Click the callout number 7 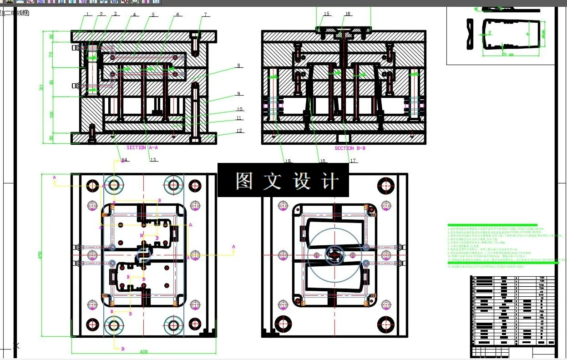[205, 15]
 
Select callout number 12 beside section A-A [239, 131]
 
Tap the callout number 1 [87, 14]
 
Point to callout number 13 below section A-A [153, 160]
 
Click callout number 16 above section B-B [348, 14]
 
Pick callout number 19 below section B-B [288, 161]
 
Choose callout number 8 [238, 66]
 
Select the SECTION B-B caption [350, 148]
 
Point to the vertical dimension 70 [51, 55]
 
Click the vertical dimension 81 [51, 82]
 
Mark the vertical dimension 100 [51, 115]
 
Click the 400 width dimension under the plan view [144, 352]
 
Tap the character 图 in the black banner [244, 181]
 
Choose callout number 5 [153, 15]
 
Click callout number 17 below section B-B [353, 161]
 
